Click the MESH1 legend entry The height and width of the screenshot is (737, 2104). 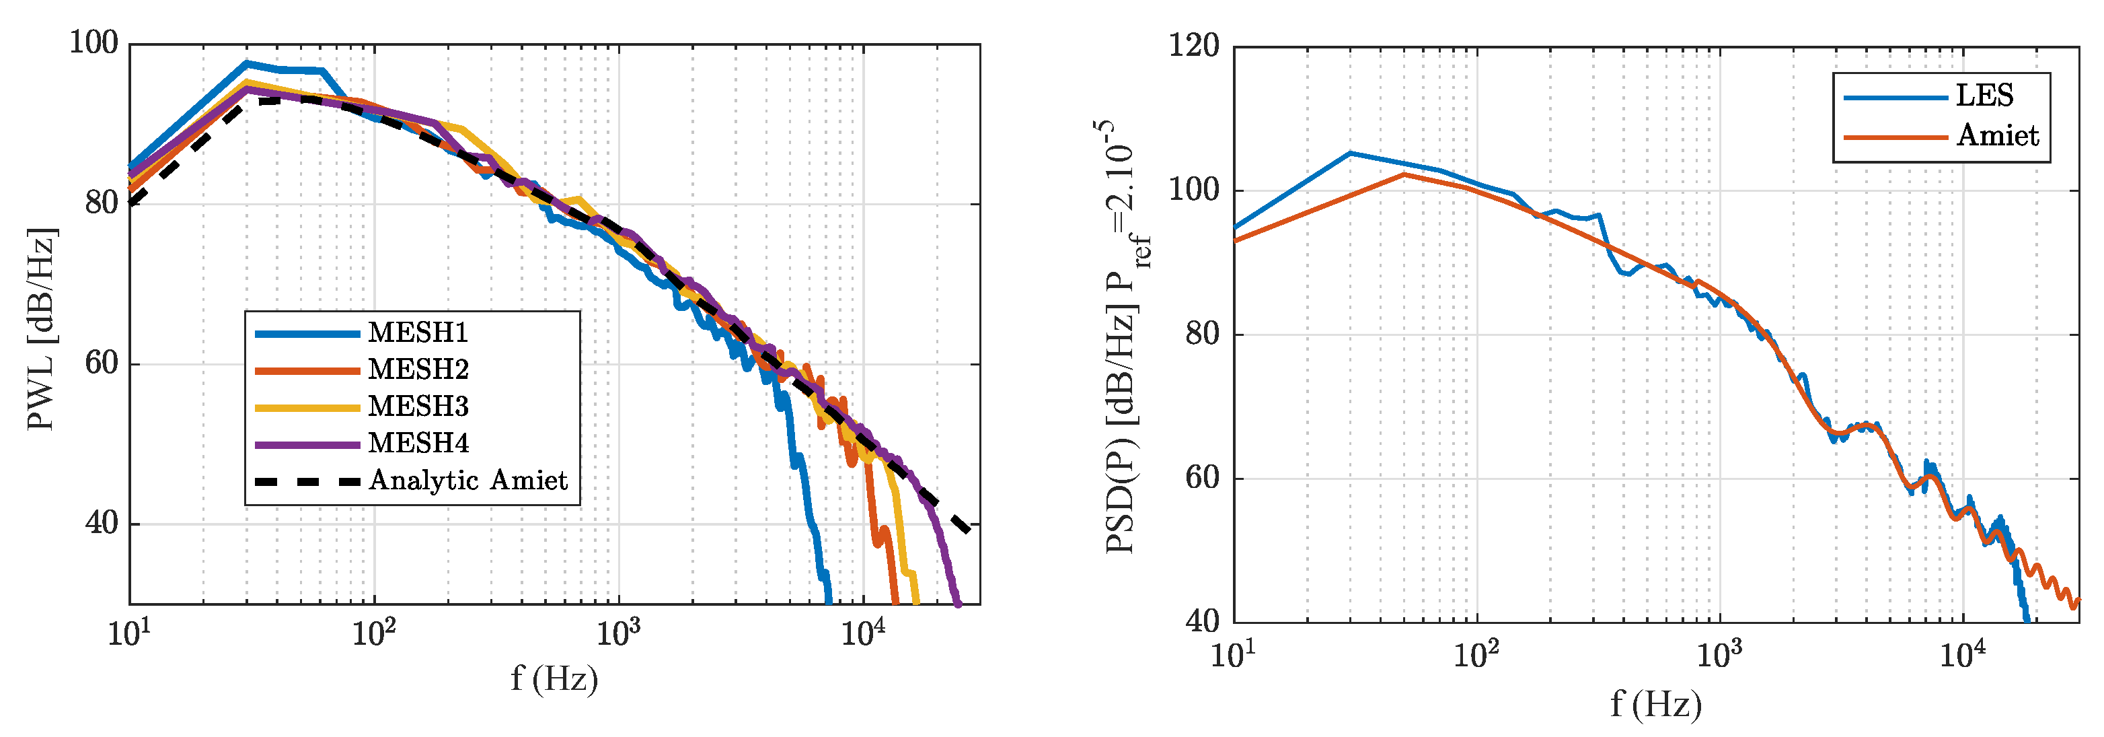tap(417, 332)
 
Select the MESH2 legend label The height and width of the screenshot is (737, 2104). tap(417, 370)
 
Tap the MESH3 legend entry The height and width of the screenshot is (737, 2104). tap(417, 406)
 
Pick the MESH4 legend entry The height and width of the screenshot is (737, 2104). tap(417, 443)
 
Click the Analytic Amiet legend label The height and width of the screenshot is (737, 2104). tap(467, 480)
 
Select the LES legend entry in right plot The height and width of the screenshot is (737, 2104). tap(1983, 96)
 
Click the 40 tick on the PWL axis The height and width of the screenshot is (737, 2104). tap(102, 523)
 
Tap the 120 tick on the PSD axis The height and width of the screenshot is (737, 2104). tap(1193, 46)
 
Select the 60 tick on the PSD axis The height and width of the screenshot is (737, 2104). tap(1201, 477)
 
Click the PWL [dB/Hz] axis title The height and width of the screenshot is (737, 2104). tap(41, 328)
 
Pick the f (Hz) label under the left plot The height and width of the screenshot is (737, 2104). tap(554, 678)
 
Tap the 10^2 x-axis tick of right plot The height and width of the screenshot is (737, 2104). tap(1476, 654)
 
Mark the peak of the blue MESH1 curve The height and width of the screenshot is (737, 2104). tap(247, 63)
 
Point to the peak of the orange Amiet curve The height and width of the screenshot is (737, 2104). tap(1403, 174)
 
